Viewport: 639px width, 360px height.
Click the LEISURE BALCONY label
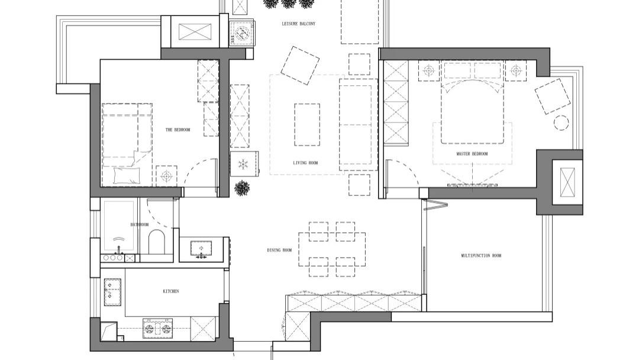298,24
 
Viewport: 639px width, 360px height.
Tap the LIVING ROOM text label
305,163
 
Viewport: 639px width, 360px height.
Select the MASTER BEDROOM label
472,154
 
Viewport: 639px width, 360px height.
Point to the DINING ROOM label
279,250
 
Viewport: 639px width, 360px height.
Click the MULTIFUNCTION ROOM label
481,256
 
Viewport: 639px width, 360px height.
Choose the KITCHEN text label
171,291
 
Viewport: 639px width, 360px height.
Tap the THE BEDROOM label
177,130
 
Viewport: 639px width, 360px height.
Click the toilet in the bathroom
156,242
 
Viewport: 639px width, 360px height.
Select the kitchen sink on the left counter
113,292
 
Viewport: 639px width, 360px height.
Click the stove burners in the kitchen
157,328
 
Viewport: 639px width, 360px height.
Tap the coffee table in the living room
307,124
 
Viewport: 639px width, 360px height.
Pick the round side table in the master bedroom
561,123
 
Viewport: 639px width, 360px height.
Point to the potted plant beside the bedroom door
243,188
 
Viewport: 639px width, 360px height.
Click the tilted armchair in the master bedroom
552,97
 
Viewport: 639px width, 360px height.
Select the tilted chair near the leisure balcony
300,65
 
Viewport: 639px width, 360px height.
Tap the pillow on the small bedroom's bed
127,176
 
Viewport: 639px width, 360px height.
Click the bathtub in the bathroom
118,226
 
